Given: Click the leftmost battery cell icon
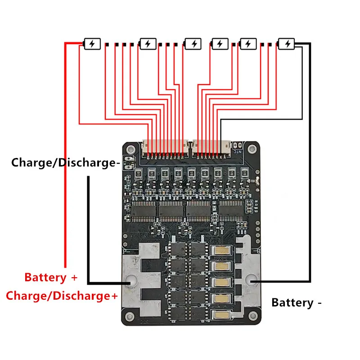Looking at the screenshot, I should tap(91, 44).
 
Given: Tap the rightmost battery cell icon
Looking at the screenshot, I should tap(286, 44).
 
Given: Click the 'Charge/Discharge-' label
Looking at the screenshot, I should tap(66, 162).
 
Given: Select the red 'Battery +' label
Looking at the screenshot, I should tap(51, 277).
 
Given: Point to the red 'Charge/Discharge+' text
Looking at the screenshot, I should tap(62, 296).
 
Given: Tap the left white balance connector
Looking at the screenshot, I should tap(165, 146).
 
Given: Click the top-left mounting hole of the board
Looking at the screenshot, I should tap(130, 149).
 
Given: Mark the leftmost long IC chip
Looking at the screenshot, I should tap(144, 209).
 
